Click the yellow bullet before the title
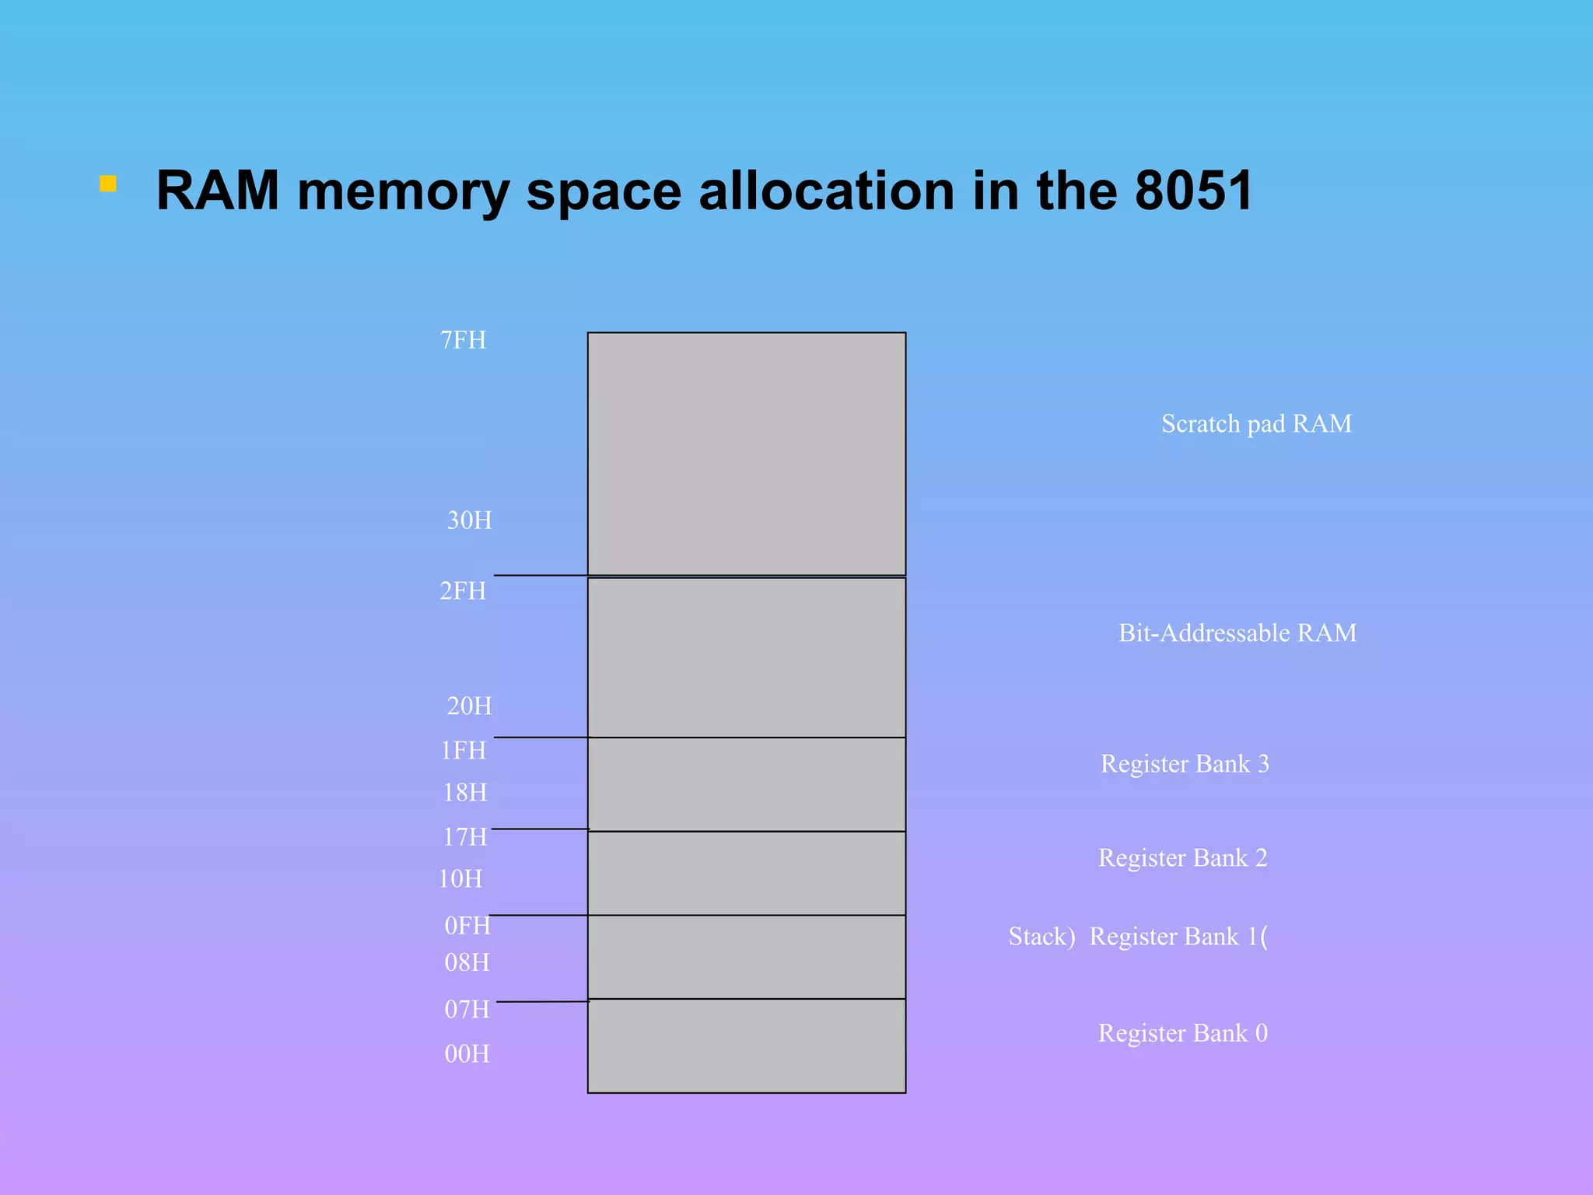click(108, 184)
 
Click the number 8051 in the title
click(1193, 191)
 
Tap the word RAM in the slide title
click(218, 191)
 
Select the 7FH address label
click(463, 341)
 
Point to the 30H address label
click(469, 520)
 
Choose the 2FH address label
click(463, 591)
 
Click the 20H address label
click(469, 706)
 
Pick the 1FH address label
click(463, 751)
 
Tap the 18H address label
click(464, 793)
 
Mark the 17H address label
click(464, 837)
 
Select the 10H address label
click(460, 879)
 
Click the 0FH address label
click(467, 926)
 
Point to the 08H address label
click(467, 963)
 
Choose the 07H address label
click(467, 1010)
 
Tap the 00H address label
click(467, 1054)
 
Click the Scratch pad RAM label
click(1256, 424)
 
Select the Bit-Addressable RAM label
click(1237, 633)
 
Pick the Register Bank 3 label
click(1185, 764)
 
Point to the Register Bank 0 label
click(1182, 1033)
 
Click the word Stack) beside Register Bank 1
click(1042, 937)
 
